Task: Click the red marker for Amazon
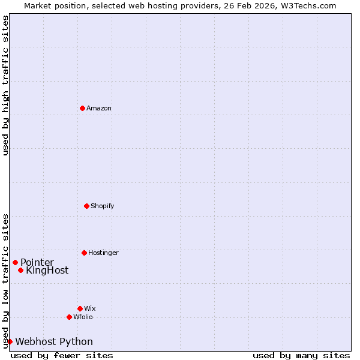[82, 108]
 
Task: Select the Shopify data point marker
[86, 206]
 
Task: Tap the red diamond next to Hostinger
[84, 253]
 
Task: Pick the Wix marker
[80, 308]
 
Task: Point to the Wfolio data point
[69, 317]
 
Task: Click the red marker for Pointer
[15, 262]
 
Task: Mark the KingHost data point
[20, 270]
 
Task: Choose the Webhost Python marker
[10, 341]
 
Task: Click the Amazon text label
[99, 109]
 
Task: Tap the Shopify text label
[103, 206]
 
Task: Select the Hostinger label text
[103, 253]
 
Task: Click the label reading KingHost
[47, 271]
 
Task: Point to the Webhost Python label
[54, 342]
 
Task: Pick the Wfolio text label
[83, 317]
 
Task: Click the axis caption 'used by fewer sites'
[62, 355]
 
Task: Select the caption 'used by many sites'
[301, 355]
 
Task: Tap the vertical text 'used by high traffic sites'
[5, 85]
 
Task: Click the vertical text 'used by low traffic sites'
[5, 281]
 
